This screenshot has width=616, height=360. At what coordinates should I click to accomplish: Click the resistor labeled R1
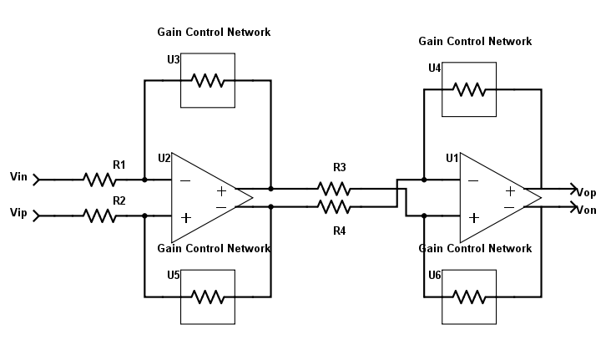(98, 179)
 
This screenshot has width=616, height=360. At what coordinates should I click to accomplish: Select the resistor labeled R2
(98, 215)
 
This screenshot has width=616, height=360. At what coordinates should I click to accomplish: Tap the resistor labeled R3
(334, 188)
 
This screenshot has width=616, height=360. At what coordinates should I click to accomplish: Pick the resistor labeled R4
(334, 206)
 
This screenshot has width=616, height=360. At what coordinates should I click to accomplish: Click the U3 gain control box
(208, 80)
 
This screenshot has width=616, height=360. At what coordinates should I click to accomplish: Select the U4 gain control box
(468, 89)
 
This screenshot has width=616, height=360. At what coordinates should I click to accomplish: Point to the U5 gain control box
(208, 297)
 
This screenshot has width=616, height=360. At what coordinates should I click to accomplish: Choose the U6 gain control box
(468, 297)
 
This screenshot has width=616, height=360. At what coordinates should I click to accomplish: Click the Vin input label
(19, 177)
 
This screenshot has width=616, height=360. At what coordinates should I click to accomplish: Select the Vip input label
(19, 214)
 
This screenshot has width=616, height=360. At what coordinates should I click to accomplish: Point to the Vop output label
(587, 193)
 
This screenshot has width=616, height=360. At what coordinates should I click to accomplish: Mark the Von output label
(587, 210)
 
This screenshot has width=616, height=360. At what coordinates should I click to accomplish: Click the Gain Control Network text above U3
(214, 33)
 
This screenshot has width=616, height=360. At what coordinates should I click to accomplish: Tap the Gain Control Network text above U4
(475, 41)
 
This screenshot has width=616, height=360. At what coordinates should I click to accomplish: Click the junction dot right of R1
(144, 179)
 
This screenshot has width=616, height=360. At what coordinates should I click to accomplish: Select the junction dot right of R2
(144, 215)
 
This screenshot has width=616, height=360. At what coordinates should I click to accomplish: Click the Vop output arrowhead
(574, 188)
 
